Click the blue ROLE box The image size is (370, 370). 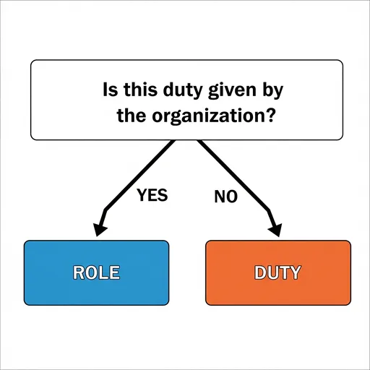96,272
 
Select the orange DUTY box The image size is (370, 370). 278,272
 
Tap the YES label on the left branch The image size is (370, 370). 152,195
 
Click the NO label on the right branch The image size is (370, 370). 225,197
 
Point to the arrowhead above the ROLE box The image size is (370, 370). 100,229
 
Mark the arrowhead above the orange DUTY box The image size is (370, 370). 275,230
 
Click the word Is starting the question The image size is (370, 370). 111,89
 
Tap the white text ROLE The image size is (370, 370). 96,272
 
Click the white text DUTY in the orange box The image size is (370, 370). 277,272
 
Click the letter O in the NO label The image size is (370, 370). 232,197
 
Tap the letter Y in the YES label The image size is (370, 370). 141,195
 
